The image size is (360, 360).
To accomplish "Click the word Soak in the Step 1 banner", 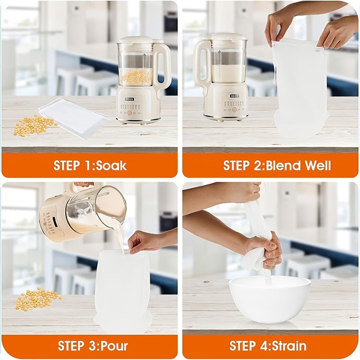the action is click(111, 165).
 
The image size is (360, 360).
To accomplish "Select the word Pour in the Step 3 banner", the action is click(114, 346).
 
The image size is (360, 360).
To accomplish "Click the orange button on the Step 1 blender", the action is click(130, 113).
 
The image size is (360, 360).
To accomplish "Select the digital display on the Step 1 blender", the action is click(130, 99).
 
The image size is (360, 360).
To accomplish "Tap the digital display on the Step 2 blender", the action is click(235, 96).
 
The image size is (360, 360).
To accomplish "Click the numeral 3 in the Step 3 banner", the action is click(91, 346).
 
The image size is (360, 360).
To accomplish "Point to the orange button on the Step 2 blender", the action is click(234, 109).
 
